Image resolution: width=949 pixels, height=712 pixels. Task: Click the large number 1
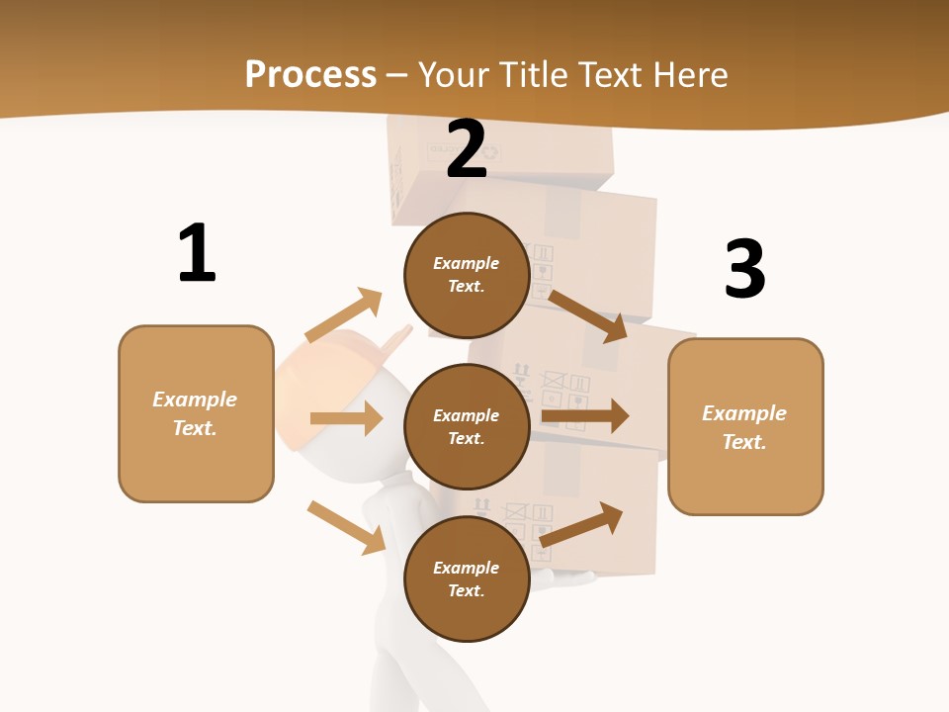point(197,253)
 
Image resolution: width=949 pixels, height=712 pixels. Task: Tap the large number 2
point(467,149)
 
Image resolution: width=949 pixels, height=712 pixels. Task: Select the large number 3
point(744,269)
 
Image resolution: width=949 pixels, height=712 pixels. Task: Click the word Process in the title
point(310,74)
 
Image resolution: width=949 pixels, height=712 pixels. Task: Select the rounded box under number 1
point(196,413)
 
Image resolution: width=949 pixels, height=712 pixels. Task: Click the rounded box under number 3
point(745,426)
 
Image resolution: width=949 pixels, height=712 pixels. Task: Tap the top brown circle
point(467,275)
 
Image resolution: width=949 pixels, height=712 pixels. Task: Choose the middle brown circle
point(467,426)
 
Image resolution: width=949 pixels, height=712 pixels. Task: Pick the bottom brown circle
point(467,578)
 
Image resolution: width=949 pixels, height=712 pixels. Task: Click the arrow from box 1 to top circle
point(344,315)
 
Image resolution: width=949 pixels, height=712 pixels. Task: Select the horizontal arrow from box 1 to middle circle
point(346,418)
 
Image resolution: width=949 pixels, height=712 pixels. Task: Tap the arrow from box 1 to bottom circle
point(346,527)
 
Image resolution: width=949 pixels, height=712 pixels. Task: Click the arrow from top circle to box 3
point(588,315)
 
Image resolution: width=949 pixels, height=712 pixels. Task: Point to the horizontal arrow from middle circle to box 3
point(585,416)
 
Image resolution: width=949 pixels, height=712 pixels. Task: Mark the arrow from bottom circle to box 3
point(582,524)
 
